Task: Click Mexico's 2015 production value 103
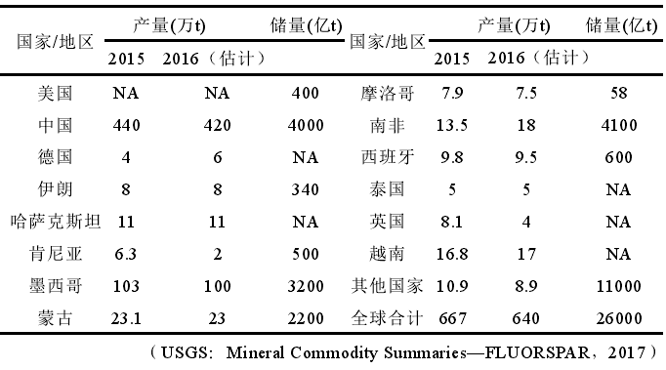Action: [x=127, y=286]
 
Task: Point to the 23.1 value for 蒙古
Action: [x=127, y=318]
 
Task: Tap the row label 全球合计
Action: [x=388, y=318]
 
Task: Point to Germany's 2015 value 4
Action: [x=127, y=157]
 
